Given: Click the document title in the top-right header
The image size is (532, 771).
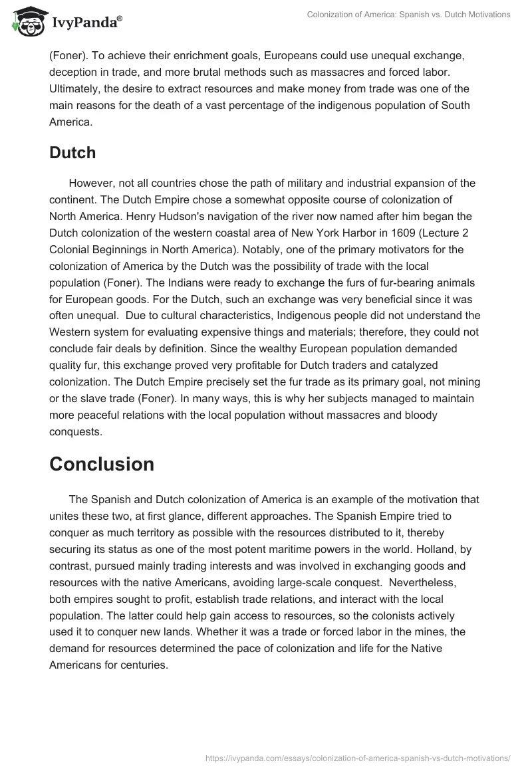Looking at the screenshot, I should click(x=408, y=15).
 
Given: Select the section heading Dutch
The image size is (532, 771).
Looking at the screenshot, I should click(x=72, y=152).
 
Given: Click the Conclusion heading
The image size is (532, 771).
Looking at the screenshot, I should click(x=102, y=464).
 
